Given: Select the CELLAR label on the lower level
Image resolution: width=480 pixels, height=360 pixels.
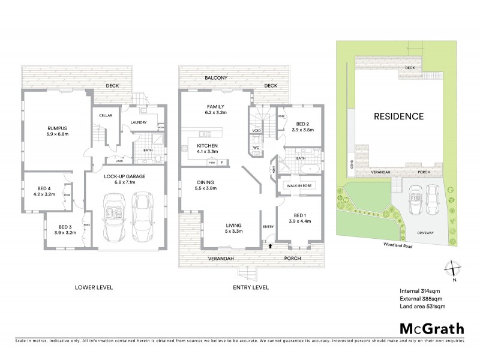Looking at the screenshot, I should (106, 116).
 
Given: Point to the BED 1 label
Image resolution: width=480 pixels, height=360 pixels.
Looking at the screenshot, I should (298, 215).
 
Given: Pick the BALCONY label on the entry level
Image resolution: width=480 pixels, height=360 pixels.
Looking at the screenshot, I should (214, 78).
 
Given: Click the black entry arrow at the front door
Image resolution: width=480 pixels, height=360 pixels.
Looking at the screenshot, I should (269, 245).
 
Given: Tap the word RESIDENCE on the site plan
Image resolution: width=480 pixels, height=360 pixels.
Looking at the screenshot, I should (399, 116).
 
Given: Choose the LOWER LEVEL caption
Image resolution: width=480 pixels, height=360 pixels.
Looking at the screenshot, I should (94, 287).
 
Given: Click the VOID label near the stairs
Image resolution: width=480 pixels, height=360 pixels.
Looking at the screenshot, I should (256, 130).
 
